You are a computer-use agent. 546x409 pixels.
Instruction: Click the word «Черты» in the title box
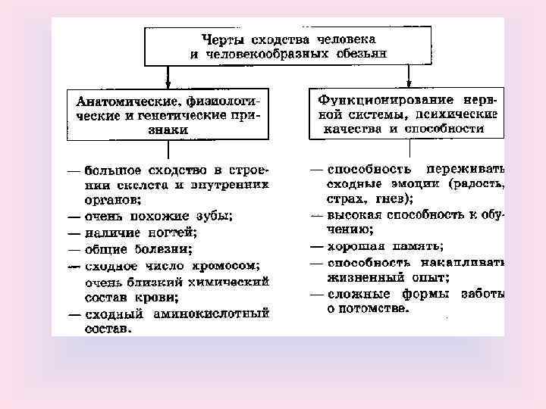click(x=222, y=38)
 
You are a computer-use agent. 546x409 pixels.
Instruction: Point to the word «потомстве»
click(x=375, y=309)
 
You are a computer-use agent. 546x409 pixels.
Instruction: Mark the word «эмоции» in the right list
click(x=413, y=184)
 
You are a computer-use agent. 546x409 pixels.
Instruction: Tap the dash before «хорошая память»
click(x=318, y=247)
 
